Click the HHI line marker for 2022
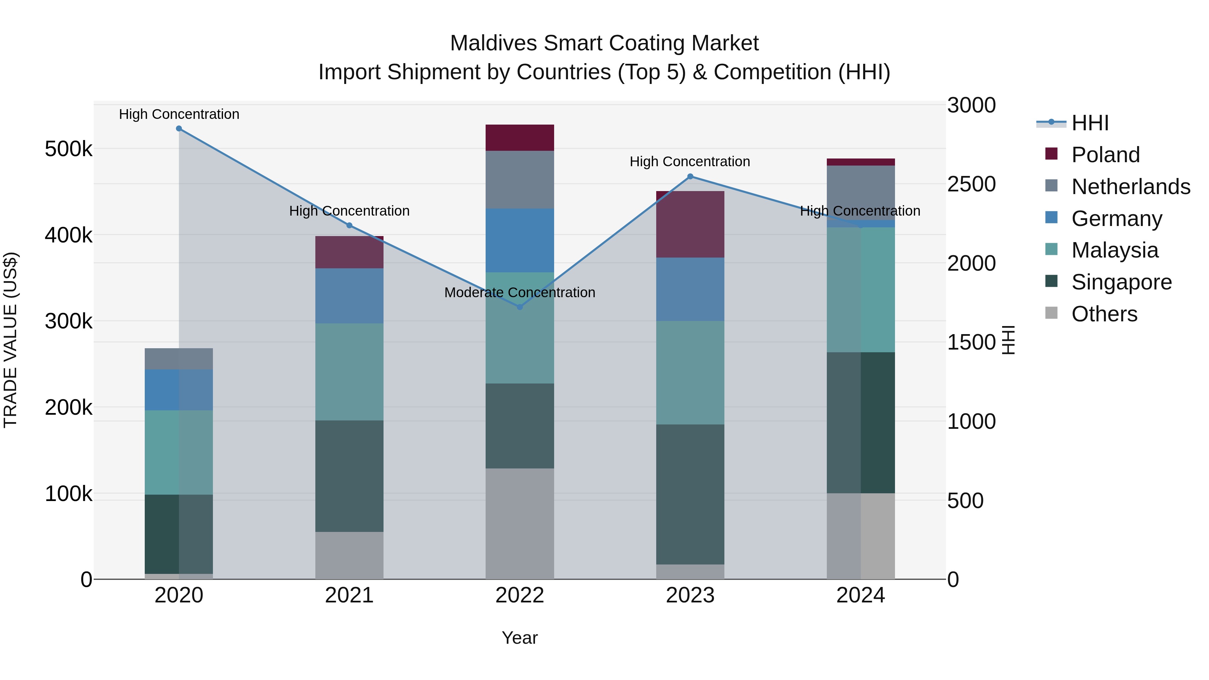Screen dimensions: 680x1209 [x=520, y=307]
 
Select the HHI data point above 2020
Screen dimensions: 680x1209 [x=179, y=129]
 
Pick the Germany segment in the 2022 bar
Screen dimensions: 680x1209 [x=520, y=240]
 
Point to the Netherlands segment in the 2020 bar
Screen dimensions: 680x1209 [x=179, y=359]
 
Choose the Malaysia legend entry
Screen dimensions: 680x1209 [x=1115, y=250]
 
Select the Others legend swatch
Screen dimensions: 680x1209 [x=1051, y=313]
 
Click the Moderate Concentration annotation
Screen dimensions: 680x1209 [x=520, y=292]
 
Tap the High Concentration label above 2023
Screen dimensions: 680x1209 [x=690, y=162]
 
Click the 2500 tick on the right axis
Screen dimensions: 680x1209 [x=971, y=184]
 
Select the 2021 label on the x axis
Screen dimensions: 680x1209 [x=349, y=595]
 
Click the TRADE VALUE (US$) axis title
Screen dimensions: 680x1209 [x=10, y=340]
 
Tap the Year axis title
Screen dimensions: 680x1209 [x=520, y=638]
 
